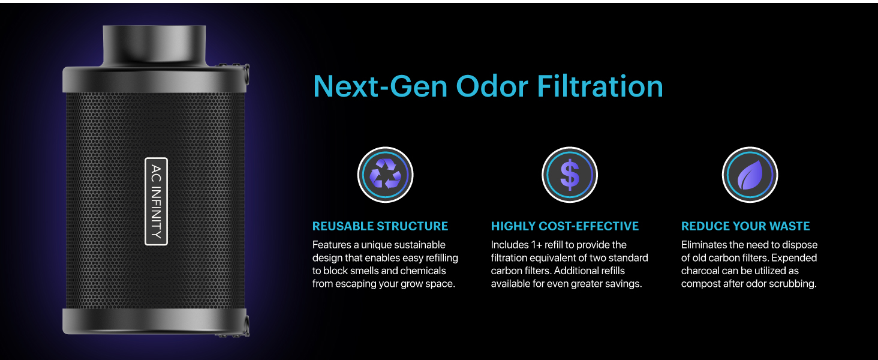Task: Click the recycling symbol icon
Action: click(385, 175)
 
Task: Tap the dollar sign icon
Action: click(570, 175)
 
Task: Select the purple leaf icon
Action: click(750, 175)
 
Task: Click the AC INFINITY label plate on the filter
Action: click(156, 201)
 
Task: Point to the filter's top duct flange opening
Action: click(154, 45)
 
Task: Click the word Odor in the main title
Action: click(492, 86)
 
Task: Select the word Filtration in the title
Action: click(600, 86)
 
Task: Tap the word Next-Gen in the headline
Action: click(380, 86)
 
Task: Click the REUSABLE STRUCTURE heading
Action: click(380, 226)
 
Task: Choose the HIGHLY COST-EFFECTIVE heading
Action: click(565, 226)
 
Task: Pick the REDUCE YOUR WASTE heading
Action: click(745, 226)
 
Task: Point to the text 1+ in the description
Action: click(536, 245)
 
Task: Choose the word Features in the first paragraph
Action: click(332, 245)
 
